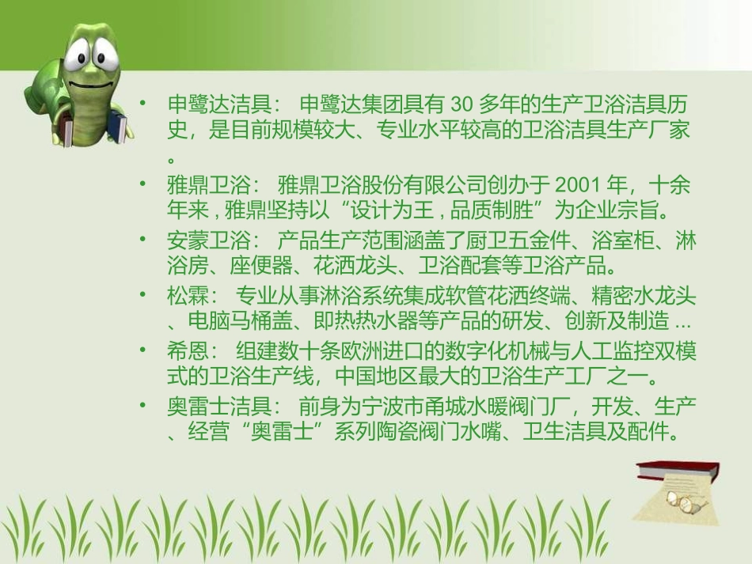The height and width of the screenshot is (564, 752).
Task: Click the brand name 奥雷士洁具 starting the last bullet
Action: click(221, 406)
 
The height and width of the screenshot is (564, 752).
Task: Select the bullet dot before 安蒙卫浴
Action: click(143, 240)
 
